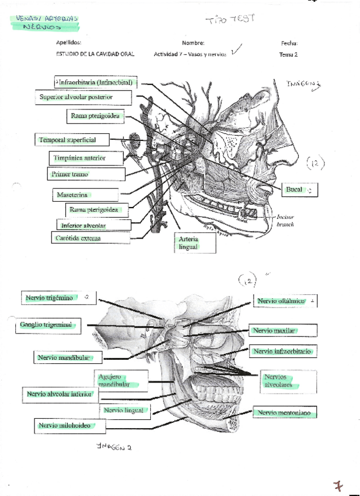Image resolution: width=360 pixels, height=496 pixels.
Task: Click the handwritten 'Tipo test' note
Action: (x=230, y=20)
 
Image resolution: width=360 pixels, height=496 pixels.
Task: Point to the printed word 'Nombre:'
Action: (x=193, y=43)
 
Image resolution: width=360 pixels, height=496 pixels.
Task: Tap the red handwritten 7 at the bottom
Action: (x=338, y=485)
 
